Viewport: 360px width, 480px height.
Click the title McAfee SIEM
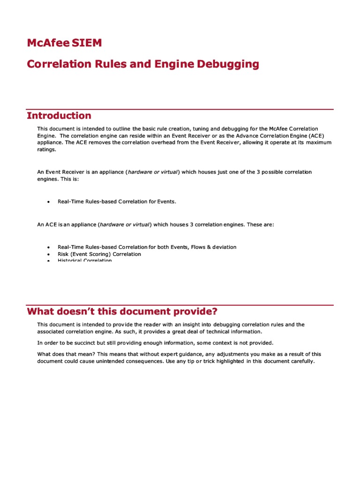(64, 44)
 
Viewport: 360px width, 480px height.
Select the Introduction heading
(59, 116)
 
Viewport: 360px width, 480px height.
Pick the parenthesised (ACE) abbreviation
(323, 135)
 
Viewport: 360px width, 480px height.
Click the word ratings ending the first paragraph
(46, 150)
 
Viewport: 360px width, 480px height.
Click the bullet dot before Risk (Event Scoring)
(49, 254)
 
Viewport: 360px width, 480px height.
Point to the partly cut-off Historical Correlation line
(84, 261)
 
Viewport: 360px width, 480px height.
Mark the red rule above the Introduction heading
(180, 109)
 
